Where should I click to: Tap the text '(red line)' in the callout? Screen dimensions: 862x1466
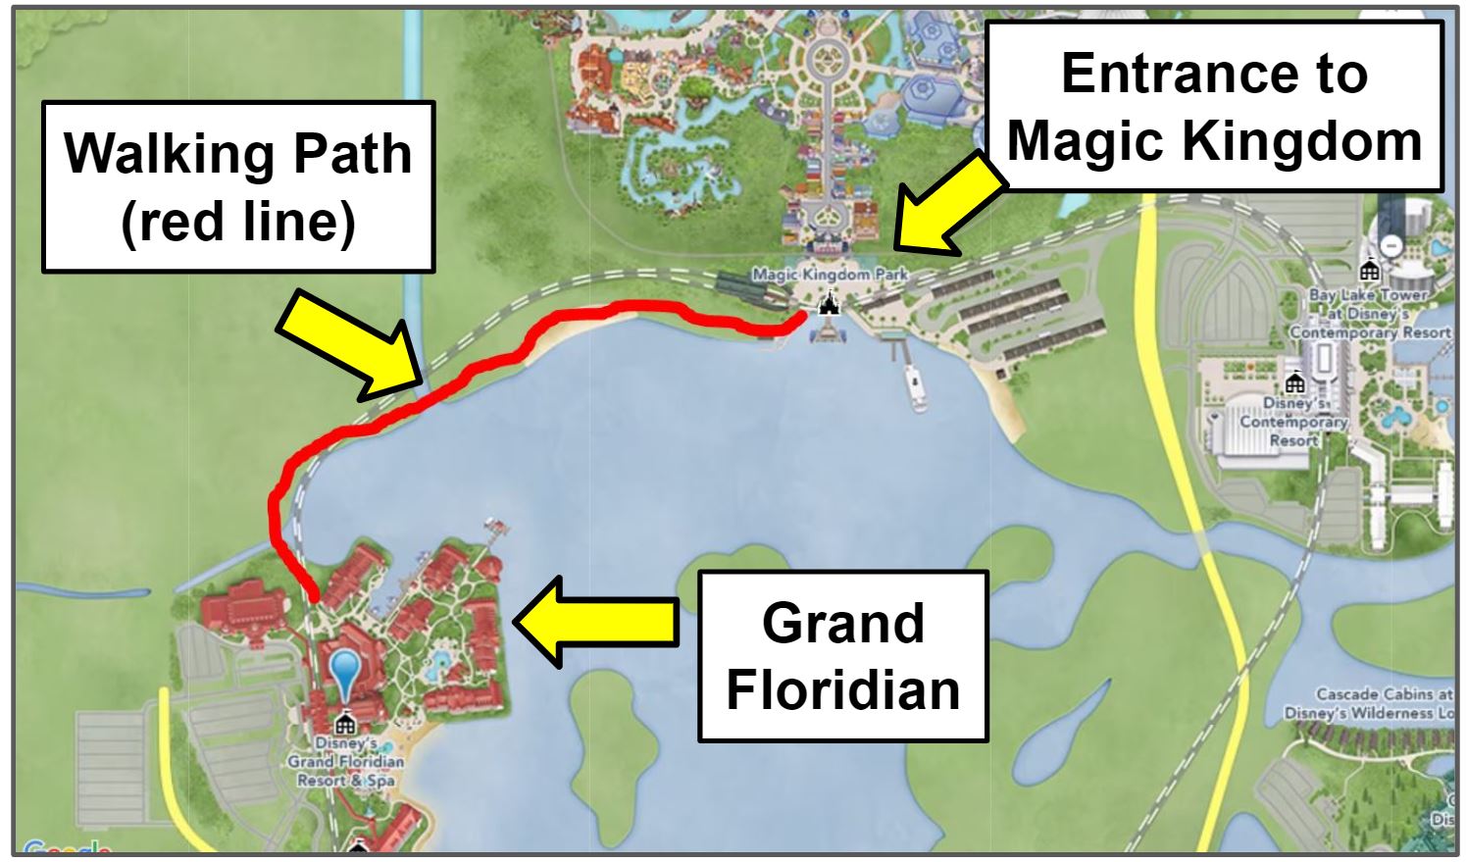(237, 222)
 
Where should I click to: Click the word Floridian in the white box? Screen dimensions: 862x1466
(842, 689)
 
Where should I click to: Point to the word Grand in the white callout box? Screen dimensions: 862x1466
(842, 623)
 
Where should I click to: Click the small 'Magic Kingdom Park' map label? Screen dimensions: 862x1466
(830, 275)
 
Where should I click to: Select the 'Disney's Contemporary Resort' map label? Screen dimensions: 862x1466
(1293, 422)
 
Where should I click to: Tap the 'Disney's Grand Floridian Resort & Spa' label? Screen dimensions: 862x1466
(345, 762)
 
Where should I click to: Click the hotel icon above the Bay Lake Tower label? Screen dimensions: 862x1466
(1369, 269)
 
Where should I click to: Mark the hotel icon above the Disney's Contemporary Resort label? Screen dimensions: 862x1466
(1294, 381)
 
